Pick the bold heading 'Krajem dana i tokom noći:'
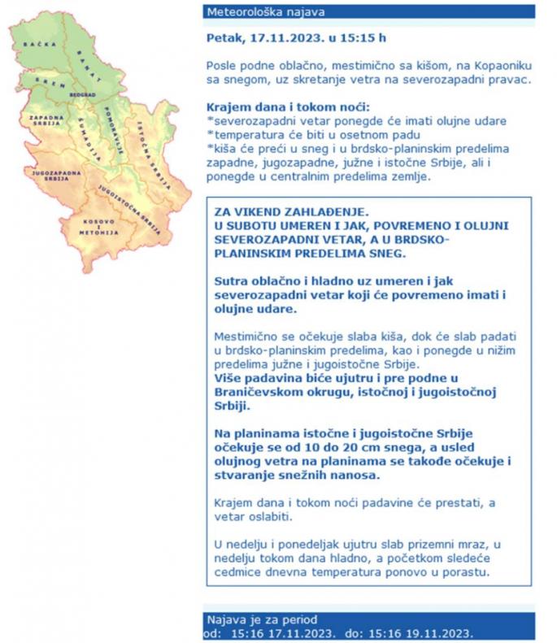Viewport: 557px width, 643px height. (x=289, y=107)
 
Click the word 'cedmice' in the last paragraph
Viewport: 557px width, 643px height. (x=236, y=574)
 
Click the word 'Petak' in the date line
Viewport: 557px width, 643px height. (x=224, y=37)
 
